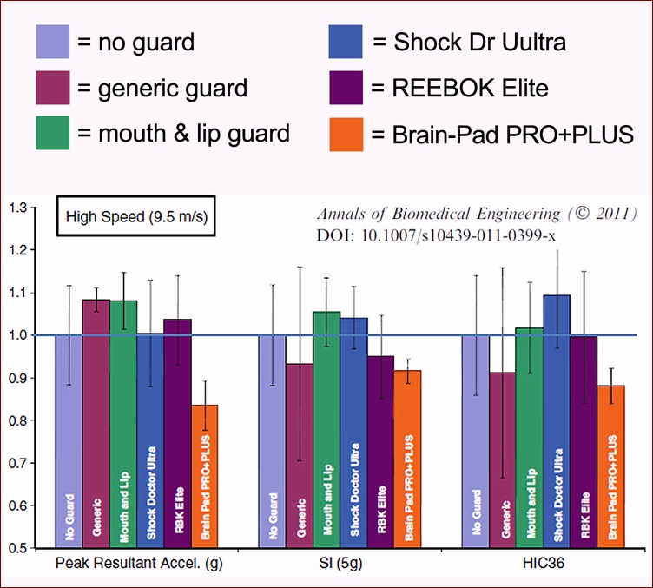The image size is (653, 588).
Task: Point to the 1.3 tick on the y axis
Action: pos(16,208)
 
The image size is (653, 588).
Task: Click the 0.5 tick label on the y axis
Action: pos(16,548)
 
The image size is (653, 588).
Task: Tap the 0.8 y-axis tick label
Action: pos(16,420)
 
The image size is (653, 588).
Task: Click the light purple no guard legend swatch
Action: pos(51,41)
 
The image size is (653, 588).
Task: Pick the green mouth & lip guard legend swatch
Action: pos(51,134)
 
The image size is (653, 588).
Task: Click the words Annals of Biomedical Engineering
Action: pos(435,214)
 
